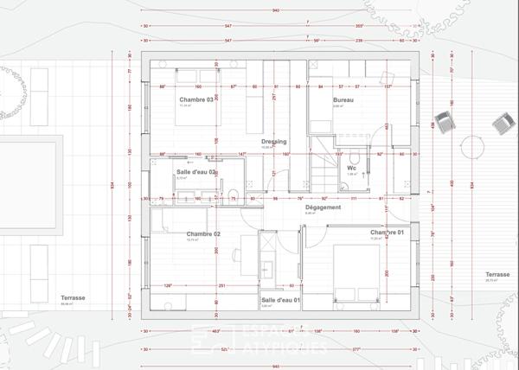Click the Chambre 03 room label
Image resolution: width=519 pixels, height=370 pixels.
(197, 100)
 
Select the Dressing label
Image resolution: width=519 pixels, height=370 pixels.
(273, 142)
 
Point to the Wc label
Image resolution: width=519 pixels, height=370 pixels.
(352, 168)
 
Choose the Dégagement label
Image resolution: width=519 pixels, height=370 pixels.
(323, 207)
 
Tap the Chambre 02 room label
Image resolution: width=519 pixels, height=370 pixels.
(203, 234)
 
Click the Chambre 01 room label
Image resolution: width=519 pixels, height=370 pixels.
(388, 233)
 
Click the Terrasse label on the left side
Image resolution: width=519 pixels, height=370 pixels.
(74, 298)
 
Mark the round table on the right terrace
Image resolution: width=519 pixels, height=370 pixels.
(472, 148)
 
